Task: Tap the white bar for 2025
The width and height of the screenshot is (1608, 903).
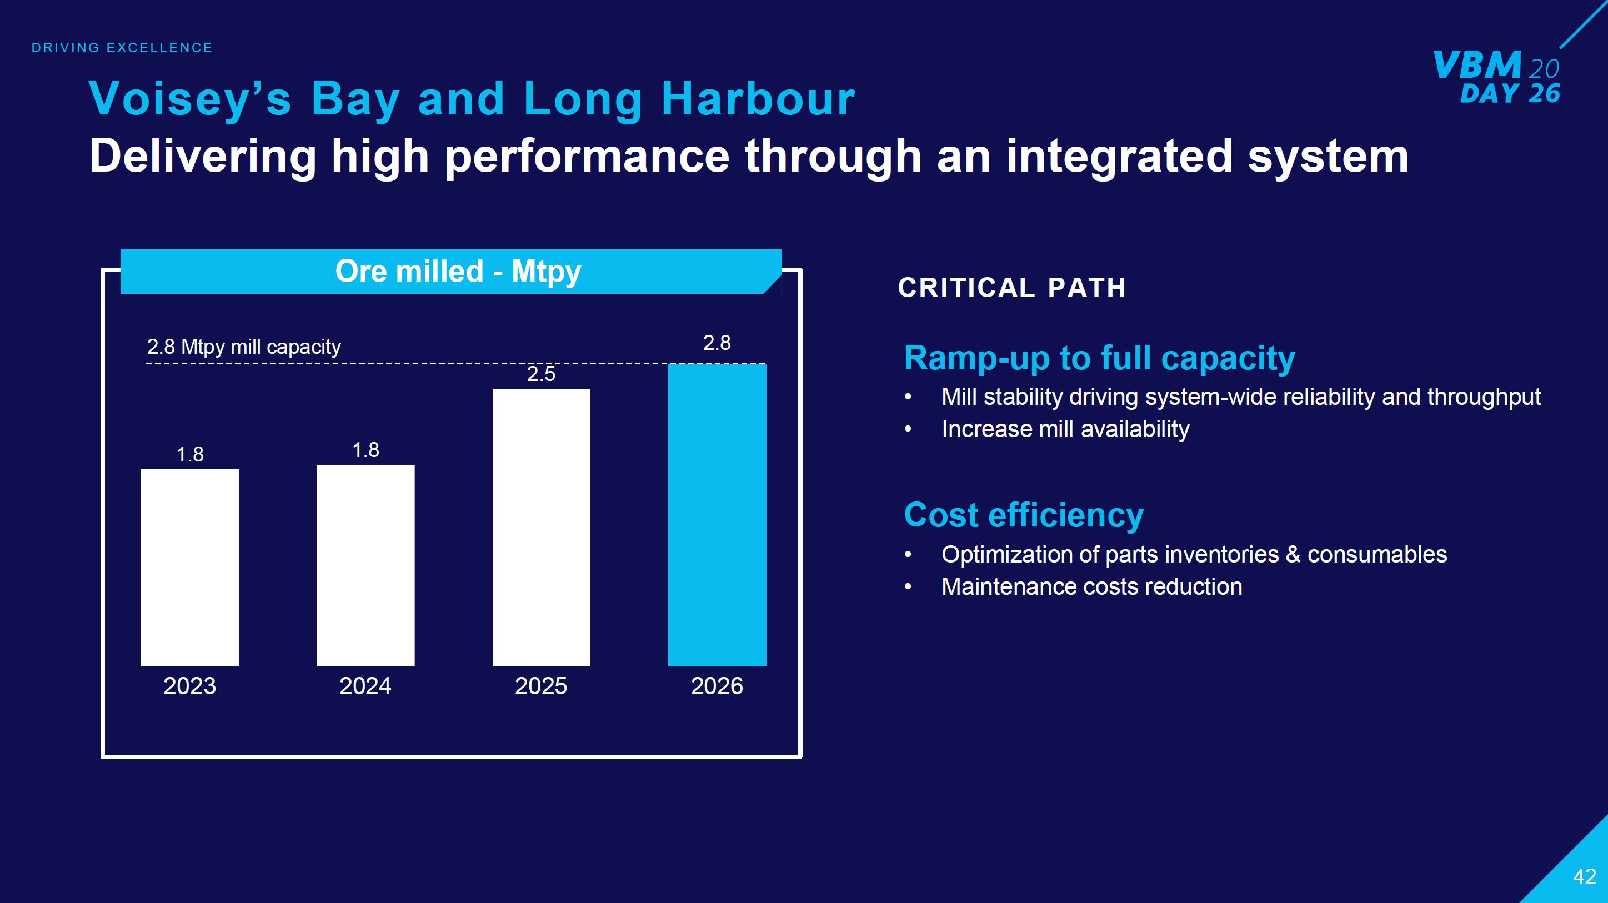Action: coord(541,528)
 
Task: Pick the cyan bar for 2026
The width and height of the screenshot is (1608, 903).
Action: coord(717,515)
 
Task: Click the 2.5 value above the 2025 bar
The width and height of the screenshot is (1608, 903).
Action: coord(541,374)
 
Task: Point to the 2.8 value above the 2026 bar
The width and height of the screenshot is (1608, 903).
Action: coord(717,343)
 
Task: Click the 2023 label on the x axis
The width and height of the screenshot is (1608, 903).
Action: coord(190,686)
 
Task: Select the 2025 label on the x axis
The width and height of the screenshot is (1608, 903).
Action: coord(541,686)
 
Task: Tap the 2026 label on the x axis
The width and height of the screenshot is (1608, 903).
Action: coord(717,686)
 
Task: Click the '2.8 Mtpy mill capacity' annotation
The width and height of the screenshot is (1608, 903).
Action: coord(244,347)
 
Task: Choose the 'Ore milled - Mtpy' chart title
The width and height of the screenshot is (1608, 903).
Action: coord(458,272)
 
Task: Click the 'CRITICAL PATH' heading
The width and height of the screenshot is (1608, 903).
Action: coord(1012,288)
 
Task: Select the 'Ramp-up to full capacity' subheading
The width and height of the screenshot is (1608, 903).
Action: coord(1099,358)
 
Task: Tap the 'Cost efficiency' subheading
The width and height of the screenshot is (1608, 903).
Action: coord(1024,515)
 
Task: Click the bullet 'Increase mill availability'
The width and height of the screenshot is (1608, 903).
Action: coord(1065,429)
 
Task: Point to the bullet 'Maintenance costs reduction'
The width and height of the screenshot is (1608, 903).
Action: coord(1091,586)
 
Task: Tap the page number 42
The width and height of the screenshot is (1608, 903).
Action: coord(1584,876)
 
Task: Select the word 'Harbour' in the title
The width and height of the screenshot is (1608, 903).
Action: coord(758,99)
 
